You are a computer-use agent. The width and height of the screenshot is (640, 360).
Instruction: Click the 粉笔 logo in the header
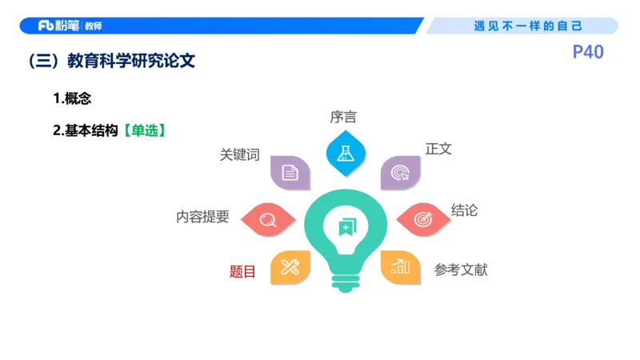[x=60, y=26]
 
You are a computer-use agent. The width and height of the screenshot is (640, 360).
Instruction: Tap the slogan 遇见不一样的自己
[x=528, y=26]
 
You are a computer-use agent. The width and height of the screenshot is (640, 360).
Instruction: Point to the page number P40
[x=588, y=53]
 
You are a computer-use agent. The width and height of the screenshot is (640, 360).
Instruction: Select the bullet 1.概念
[x=72, y=99]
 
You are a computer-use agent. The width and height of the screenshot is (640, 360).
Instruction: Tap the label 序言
[x=343, y=117]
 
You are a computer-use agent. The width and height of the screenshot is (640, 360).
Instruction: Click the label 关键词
[x=239, y=155]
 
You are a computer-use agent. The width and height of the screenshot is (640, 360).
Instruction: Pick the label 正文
[x=438, y=150]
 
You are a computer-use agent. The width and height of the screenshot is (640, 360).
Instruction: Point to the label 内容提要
[x=202, y=217]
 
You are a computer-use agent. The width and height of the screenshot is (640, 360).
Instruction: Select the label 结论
[x=464, y=210]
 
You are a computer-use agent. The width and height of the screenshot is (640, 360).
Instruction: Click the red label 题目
[x=242, y=272]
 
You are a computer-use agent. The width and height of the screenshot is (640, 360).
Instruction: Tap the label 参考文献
[x=461, y=270]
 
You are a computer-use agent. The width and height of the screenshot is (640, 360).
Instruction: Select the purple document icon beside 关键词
[x=290, y=172]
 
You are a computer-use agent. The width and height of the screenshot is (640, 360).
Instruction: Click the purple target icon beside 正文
[x=399, y=172]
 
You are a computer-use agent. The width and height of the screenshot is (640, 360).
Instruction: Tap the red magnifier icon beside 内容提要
[x=267, y=218]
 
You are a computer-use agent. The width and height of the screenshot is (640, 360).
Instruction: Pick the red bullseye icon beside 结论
[x=422, y=218]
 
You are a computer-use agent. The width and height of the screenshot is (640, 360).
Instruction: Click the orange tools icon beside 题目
[x=290, y=267]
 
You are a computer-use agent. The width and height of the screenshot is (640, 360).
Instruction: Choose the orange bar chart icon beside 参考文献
[x=399, y=267]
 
